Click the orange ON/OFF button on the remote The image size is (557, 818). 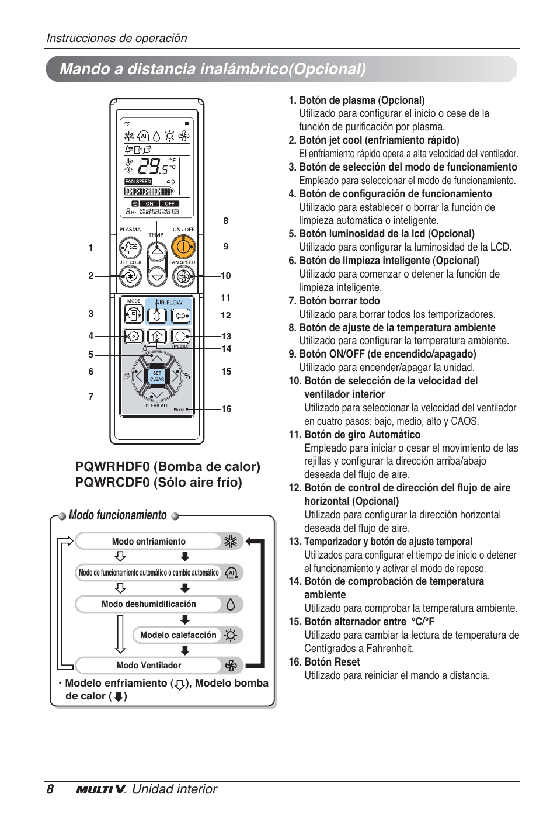coord(183,247)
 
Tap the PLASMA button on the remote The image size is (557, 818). coord(130,248)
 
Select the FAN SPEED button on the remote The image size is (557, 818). coord(183,276)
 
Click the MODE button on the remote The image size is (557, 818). coord(134,316)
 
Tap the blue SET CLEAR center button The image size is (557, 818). coord(157,376)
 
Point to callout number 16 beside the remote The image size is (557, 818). coord(227,409)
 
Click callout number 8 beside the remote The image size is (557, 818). coord(226,221)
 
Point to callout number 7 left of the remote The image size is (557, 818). coord(91,397)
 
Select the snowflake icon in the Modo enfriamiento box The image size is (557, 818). coord(231,541)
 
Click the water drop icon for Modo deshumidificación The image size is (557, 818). coord(231,604)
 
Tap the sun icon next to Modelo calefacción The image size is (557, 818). coord(231,635)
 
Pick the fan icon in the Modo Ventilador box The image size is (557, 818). coord(231,666)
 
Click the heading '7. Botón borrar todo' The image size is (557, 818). coord(334,301)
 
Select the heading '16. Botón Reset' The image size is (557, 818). coord(324,662)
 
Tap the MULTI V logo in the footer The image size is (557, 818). coord(100,789)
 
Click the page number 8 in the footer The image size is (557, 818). coord(50,789)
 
